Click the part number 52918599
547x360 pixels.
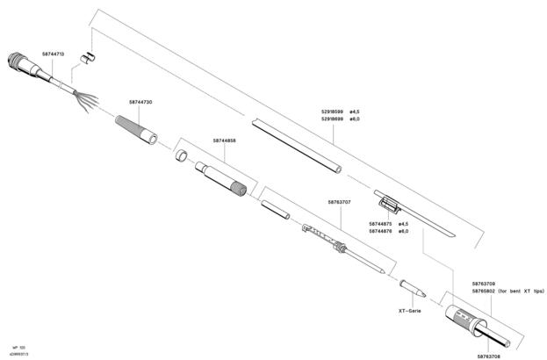point(335,112)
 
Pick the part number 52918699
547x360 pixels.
point(335,119)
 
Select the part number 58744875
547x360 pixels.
point(383,224)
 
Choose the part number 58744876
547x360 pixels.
point(383,231)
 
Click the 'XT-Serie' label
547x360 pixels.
point(399,309)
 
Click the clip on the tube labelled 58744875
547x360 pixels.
point(391,207)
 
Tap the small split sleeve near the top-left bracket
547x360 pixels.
point(89,57)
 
